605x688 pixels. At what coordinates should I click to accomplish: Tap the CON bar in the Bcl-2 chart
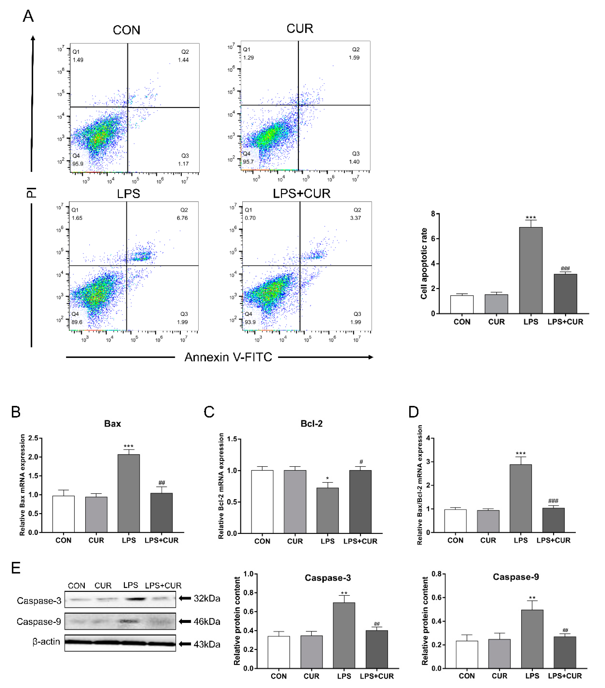click(262, 502)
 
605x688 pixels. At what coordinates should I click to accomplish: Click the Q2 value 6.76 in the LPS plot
click(182, 218)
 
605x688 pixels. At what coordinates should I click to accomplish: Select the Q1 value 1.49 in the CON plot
click(78, 60)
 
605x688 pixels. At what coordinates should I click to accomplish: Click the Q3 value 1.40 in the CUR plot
click(354, 162)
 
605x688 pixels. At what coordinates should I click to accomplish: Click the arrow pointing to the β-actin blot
click(185, 644)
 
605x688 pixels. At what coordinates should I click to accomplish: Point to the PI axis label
click(31, 193)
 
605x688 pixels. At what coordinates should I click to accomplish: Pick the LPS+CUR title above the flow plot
click(301, 193)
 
